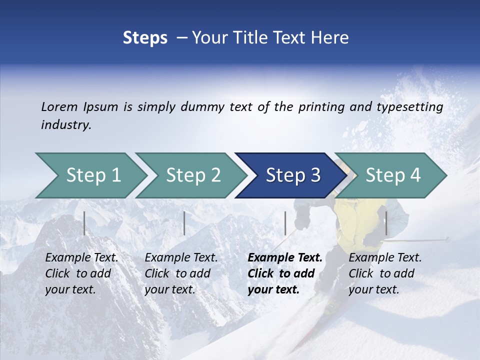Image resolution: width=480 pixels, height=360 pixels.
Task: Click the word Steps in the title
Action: click(x=145, y=37)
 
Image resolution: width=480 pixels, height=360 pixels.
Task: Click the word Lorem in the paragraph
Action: click(x=59, y=106)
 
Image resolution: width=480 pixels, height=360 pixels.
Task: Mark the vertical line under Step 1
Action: click(x=84, y=223)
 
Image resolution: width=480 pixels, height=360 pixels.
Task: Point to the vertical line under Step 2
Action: click(x=184, y=223)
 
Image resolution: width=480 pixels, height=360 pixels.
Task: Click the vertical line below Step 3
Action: click(x=285, y=223)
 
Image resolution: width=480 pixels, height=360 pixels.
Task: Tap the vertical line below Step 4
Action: click(x=386, y=223)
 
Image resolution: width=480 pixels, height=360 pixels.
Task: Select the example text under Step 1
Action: click(x=81, y=273)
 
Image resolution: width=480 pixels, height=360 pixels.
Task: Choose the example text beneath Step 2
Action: click(x=181, y=273)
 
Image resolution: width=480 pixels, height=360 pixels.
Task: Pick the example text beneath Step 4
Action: click(x=385, y=273)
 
